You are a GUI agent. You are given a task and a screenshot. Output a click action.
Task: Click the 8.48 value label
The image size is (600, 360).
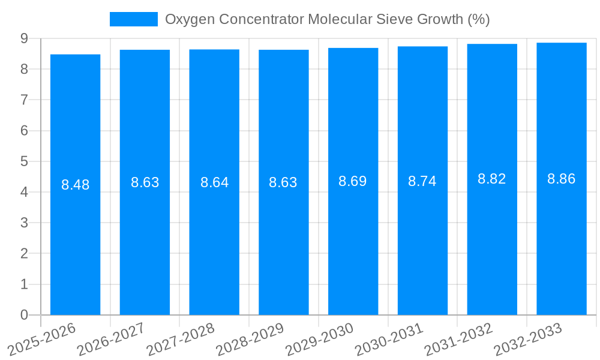[75, 185]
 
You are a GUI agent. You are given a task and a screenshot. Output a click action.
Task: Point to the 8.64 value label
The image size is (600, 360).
[214, 182]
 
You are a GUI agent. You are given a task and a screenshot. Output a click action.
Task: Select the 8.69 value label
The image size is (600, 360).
[353, 181]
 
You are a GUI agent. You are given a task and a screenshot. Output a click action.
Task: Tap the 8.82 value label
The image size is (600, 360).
[491, 179]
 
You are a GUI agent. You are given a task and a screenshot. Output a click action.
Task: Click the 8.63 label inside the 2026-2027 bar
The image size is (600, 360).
[145, 182]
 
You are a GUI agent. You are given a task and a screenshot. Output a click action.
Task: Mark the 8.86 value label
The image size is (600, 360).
[561, 179]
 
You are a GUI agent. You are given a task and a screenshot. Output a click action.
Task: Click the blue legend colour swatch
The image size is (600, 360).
[133, 19]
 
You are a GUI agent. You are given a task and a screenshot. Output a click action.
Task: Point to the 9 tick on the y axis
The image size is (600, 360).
[24, 38]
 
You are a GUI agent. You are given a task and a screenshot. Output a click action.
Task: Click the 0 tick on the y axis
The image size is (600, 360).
[24, 315]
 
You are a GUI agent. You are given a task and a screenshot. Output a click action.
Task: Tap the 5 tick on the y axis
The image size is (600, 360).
[24, 161]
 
